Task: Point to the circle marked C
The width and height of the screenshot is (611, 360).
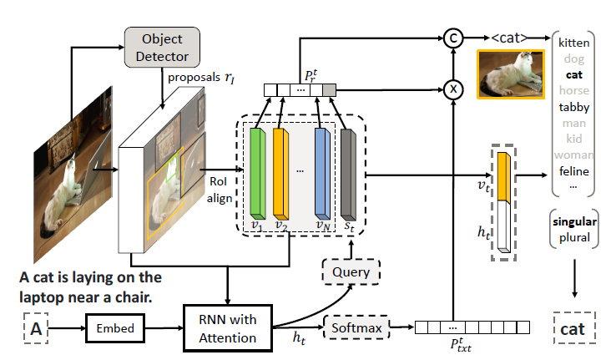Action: pyautogui.click(x=452, y=38)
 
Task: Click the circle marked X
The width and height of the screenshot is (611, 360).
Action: pyautogui.click(x=452, y=89)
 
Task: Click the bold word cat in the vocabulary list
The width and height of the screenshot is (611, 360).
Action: pyautogui.click(x=573, y=73)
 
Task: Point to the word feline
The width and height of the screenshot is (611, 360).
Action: pyautogui.click(x=573, y=171)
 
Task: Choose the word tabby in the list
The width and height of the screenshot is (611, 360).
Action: pyautogui.click(x=573, y=106)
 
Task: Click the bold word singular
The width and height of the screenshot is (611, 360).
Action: pyautogui.click(x=573, y=222)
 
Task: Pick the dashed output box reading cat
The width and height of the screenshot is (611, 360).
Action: pyautogui.click(x=573, y=328)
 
